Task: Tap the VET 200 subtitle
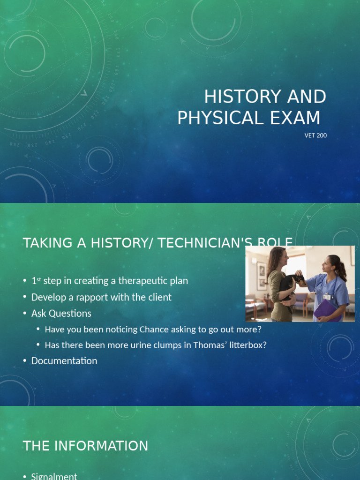pyautogui.click(x=315, y=135)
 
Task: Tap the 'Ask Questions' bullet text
pyautogui.click(x=61, y=313)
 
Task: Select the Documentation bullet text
pyautogui.click(x=64, y=361)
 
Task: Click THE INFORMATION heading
pyautogui.click(x=85, y=446)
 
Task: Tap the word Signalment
pyautogui.click(x=54, y=476)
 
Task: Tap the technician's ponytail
pyautogui.click(x=343, y=270)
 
